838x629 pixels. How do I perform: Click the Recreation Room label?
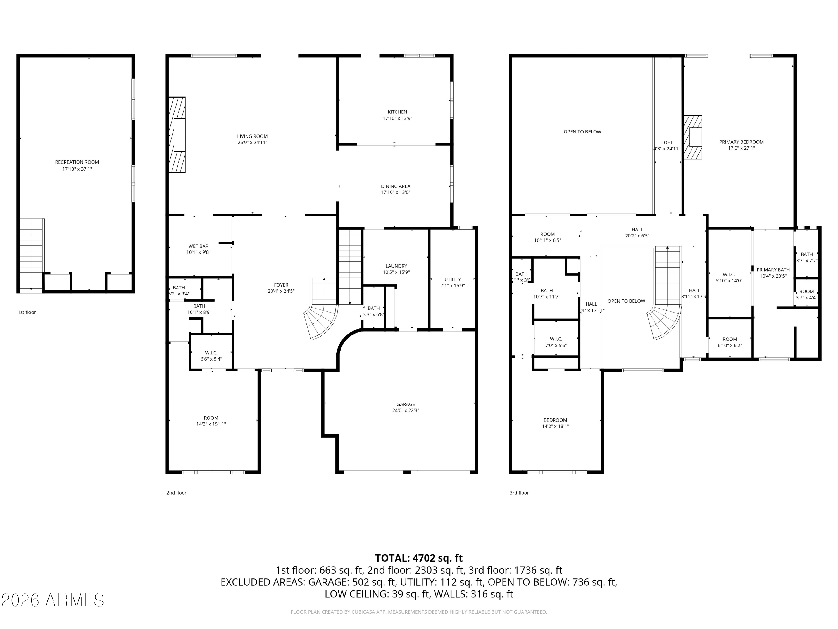[x=77, y=162]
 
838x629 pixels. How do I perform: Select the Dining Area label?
[x=395, y=186]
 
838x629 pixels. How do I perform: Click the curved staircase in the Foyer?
[x=321, y=320]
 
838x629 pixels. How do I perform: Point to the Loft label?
[x=666, y=143]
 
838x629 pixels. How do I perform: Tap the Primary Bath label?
[x=773, y=270]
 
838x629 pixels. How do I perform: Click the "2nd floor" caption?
[x=176, y=493]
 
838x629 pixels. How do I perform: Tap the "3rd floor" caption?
[x=519, y=493]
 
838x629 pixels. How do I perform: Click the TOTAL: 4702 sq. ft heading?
[x=419, y=558]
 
